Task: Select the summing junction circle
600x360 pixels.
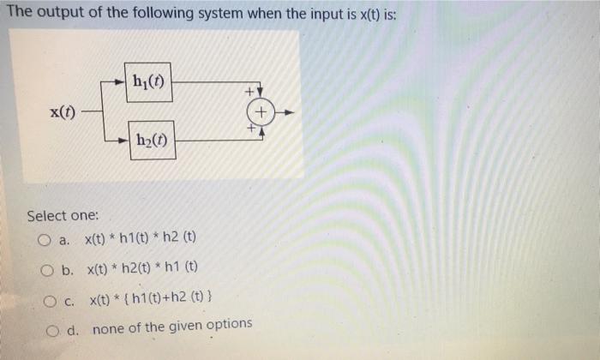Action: click(x=261, y=112)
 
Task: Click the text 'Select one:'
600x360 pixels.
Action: click(x=63, y=215)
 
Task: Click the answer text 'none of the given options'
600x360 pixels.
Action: click(x=172, y=325)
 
